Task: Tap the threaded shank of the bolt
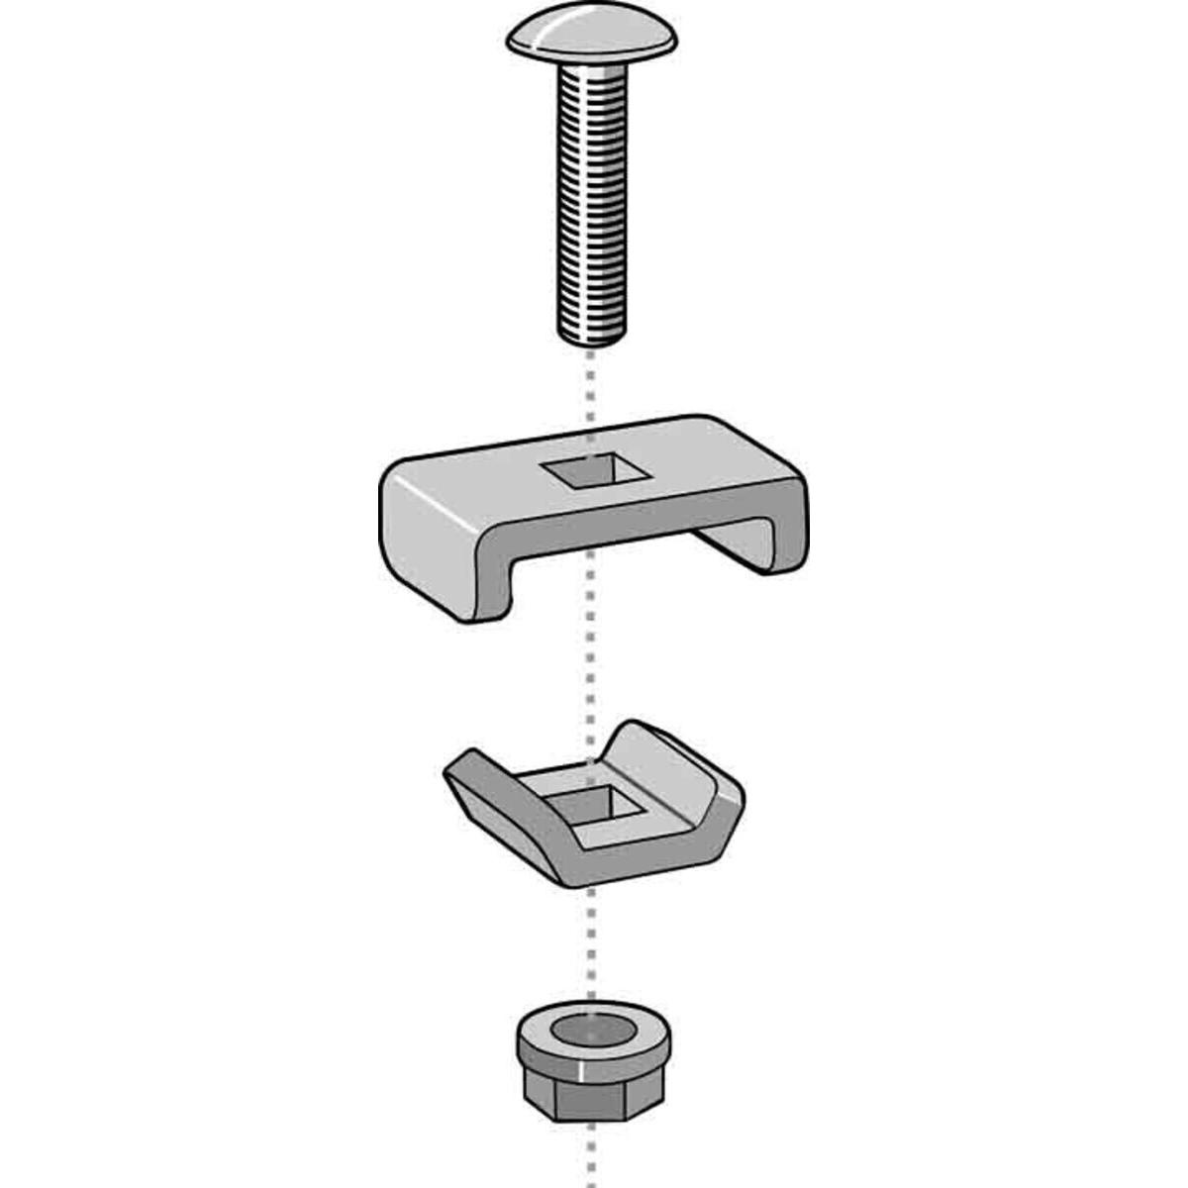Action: tap(592, 198)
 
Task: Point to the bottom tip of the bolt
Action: tap(592, 337)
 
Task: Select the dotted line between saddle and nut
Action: tap(592, 950)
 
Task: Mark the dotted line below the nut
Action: tap(592, 1158)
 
